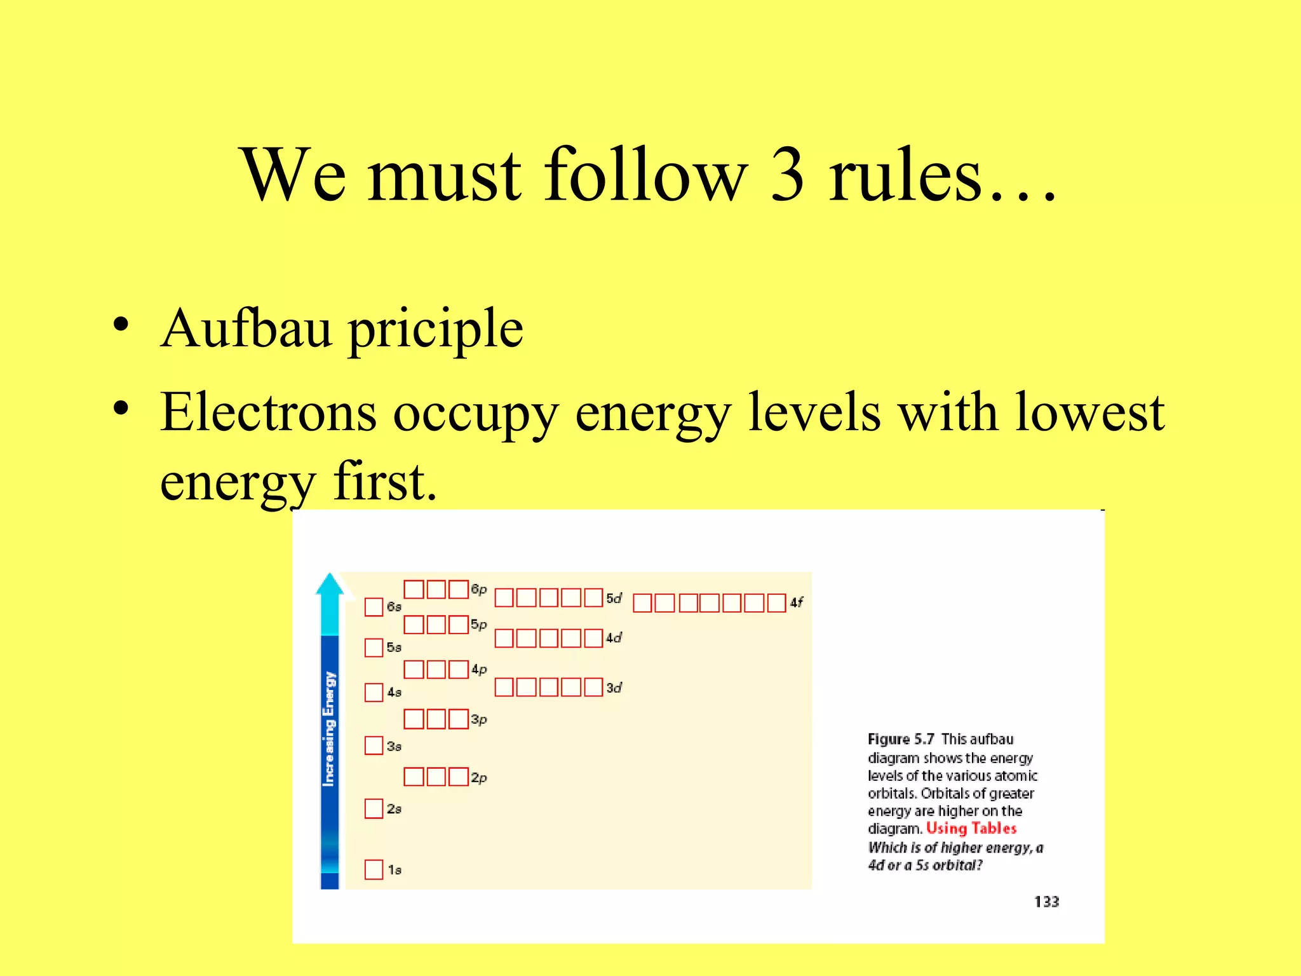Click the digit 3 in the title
point(788,175)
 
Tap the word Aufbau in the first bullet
point(246,329)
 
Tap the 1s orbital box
point(374,869)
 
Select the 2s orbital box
point(374,809)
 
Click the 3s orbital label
point(394,747)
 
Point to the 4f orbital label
point(797,602)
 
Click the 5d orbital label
point(614,599)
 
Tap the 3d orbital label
point(614,688)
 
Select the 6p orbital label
point(479,590)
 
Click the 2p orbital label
point(479,778)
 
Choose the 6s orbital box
point(374,607)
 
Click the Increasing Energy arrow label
point(329,729)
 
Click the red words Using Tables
point(971,829)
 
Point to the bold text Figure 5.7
point(901,740)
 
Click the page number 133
point(1046,902)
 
